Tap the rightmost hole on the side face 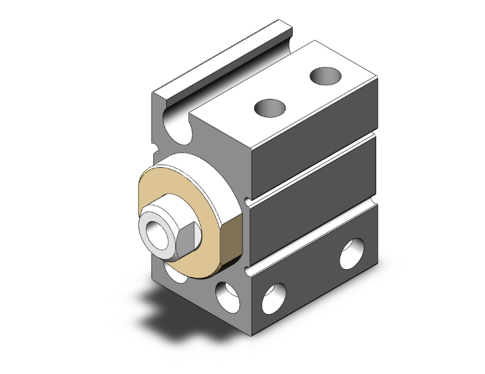(352, 254)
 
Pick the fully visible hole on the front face (226, 295)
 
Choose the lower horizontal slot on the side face (313, 238)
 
